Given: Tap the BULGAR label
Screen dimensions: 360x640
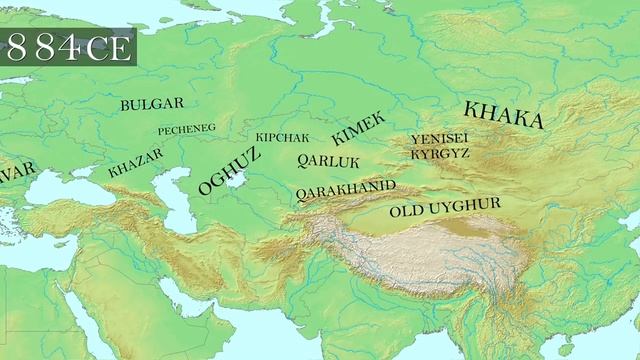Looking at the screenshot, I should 151,104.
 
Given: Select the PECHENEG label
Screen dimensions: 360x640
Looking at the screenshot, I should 186,130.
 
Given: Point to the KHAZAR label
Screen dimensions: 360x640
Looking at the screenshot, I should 134,163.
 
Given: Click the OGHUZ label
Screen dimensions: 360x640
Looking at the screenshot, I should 229,170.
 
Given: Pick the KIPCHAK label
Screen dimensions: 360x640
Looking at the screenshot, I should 282,137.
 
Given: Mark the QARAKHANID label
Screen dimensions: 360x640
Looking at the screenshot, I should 345,187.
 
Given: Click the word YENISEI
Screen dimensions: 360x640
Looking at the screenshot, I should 440,139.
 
